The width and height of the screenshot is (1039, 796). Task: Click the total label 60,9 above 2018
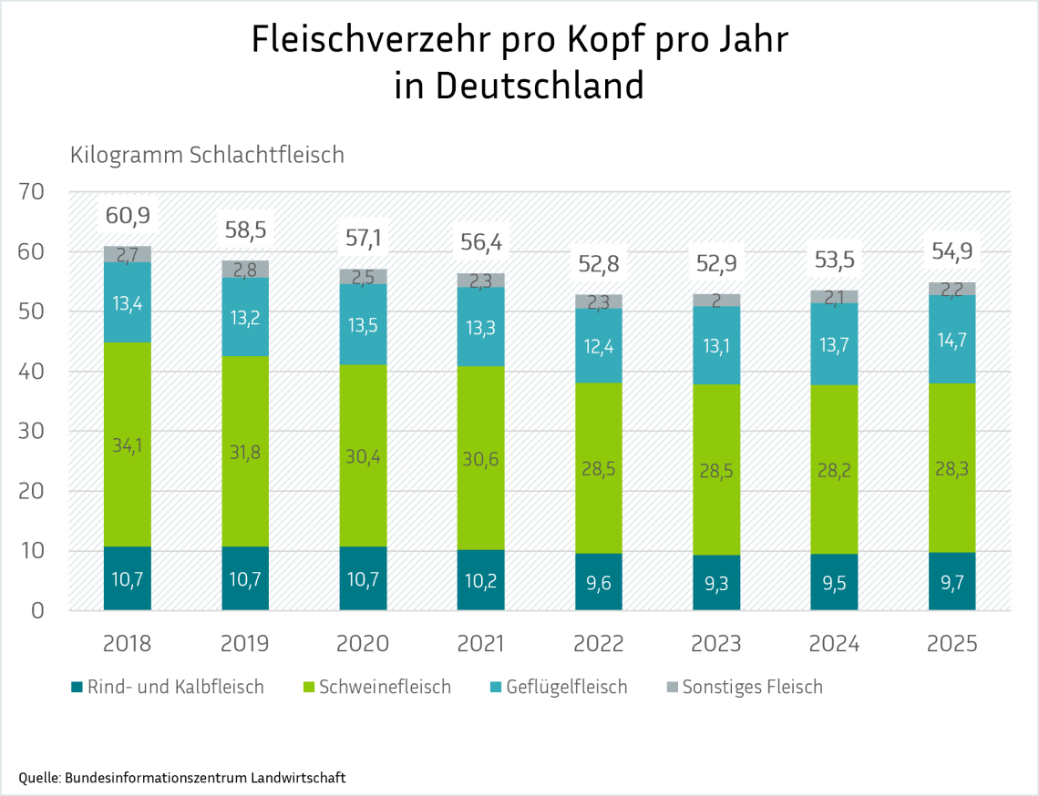128,216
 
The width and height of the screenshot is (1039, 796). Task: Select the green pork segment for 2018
128,444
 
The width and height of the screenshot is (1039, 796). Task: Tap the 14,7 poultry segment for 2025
952,339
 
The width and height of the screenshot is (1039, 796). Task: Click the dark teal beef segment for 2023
716,583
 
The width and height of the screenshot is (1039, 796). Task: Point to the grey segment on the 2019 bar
245,269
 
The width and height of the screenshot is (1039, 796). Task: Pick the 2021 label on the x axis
480,644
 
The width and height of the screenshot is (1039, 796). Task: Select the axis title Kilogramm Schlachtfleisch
207,155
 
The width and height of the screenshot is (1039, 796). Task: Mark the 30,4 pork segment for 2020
363,455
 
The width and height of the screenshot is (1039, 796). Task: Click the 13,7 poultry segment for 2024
834,344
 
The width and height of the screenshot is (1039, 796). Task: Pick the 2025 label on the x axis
952,644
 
